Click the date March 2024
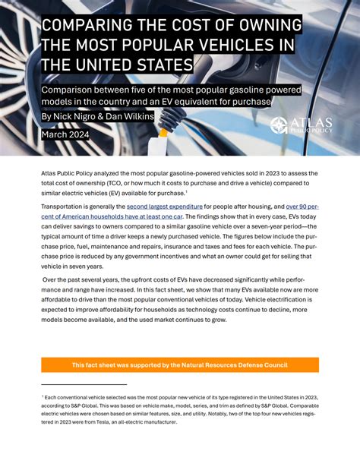pyautogui.click(x=65, y=134)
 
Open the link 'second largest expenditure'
pyautogui.click(x=165, y=206)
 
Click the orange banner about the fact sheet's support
pyautogui.click(x=180, y=365)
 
